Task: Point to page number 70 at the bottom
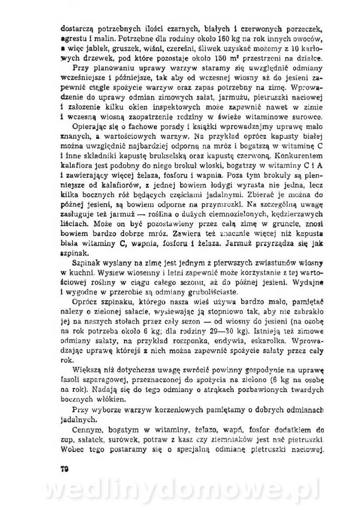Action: click(x=64, y=456)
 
